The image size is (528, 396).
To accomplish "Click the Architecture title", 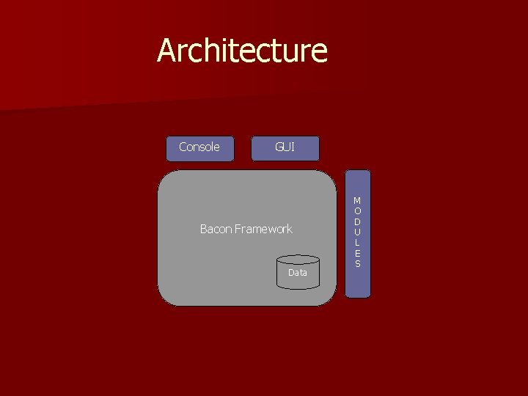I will point(242,51).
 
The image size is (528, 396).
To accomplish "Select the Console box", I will point(199,147).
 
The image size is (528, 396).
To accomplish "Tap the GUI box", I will point(285,147).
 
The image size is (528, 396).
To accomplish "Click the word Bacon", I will point(216,230).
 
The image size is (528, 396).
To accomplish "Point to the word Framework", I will point(263,230).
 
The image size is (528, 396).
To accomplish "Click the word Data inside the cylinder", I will point(298,273).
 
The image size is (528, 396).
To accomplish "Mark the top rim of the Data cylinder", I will point(298,259).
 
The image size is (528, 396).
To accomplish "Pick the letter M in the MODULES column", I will point(357,200).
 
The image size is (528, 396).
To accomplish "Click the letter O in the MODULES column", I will point(357,211).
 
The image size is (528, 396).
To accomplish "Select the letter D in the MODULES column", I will point(357,221).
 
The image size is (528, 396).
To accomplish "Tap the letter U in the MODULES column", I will point(357,232).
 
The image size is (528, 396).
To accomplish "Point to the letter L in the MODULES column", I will point(357,243).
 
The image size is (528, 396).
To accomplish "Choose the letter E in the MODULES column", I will point(357,253).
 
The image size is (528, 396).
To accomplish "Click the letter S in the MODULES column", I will point(357,263).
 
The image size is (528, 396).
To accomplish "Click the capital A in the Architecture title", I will point(167,51).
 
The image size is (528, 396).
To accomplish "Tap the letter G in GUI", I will point(279,147).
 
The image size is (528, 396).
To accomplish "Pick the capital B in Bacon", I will point(204,230).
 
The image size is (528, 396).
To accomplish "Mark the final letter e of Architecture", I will point(320,54).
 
